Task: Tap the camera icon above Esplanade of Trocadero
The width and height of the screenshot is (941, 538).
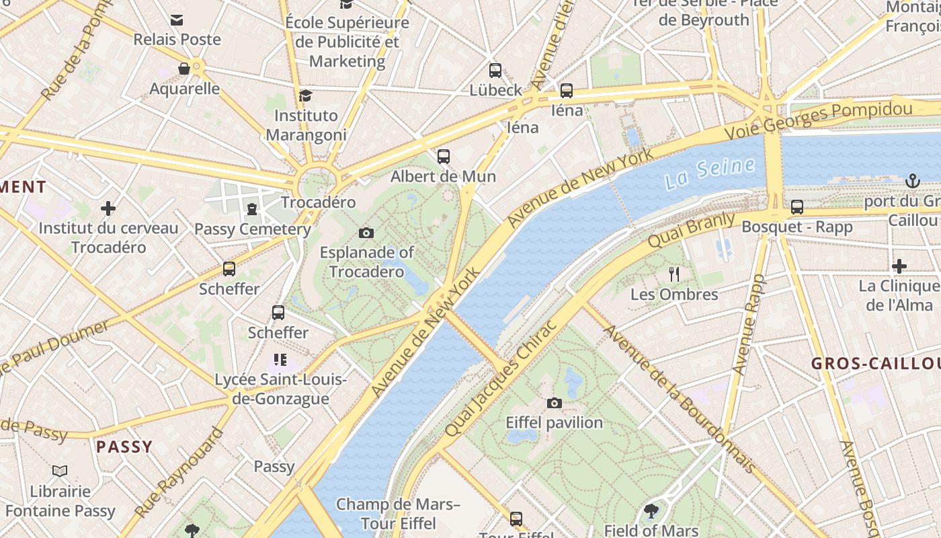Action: (366, 233)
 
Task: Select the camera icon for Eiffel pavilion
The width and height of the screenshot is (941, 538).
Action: (554, 403)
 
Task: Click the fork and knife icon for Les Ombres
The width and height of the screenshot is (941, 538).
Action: (675, 274)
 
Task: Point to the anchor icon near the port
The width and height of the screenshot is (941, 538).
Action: (912, 180)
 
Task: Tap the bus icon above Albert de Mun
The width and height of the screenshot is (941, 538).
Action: (444, 157)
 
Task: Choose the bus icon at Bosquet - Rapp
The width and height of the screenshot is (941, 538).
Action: (797, 207)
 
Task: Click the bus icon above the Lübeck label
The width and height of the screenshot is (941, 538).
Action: (495, 70)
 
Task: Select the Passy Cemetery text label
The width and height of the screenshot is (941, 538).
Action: (252, 229)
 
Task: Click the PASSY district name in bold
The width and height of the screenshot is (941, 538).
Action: (124, 447)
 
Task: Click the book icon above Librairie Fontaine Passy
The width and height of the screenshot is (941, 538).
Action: (60, 471)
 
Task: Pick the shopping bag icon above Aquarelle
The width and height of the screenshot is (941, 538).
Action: (183, 69)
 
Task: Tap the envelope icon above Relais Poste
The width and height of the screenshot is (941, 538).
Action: (177, 20)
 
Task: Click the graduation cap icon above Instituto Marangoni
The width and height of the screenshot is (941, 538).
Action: (306, 95)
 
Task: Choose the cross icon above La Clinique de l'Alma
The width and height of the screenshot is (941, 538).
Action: (899, 266)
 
